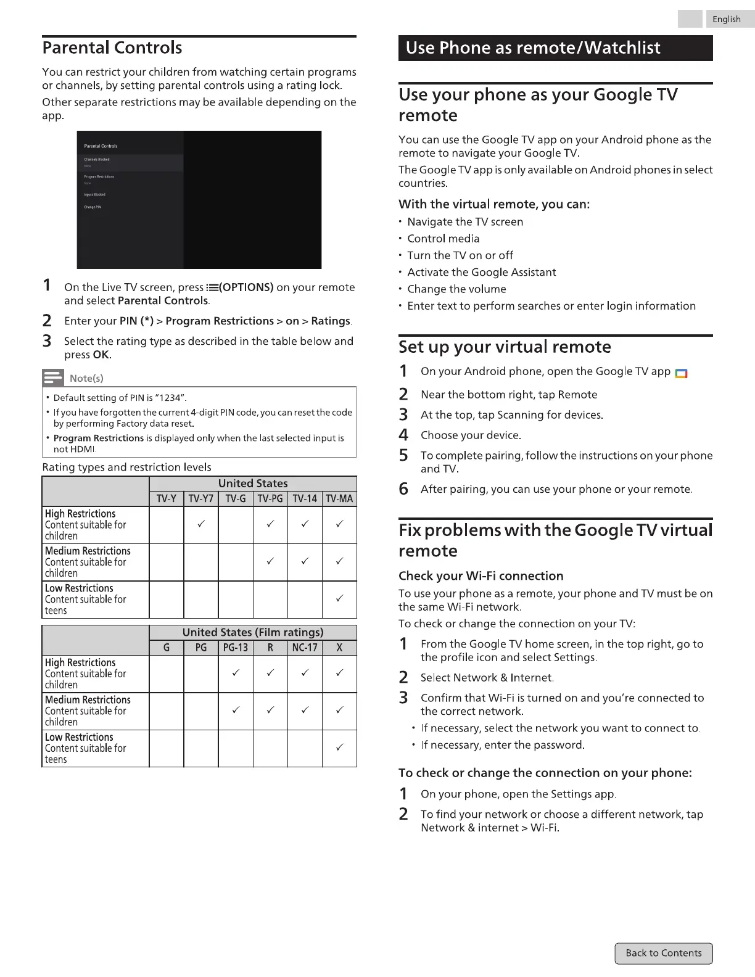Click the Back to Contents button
[x=664, y=953]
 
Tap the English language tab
[x=727, y=19]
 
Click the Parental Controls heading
[x=112, y=47]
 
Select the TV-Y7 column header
[x=201, y=498]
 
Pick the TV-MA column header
[x=339, y=498]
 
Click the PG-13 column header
[x=236, y=648]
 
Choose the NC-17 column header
[x=305, y=648]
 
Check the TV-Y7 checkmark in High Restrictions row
[x=201, y=524]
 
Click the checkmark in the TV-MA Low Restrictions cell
[x=339, y=599]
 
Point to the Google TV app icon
[x=681, y=373]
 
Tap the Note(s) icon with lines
[x=53, y=377]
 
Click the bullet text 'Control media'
[x=443, y=239]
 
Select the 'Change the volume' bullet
[x=456, y=289]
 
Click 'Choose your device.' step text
[x=471, y=435]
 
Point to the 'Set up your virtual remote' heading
[x=505, y=347]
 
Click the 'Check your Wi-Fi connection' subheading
[x=481, y=575]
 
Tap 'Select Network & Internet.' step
[x=487, y=678]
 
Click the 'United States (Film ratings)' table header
[x=253, y=632]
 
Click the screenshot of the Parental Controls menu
[x=199, y=200]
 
